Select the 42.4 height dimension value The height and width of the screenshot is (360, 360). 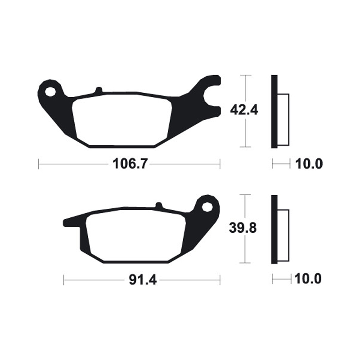pos(243,109)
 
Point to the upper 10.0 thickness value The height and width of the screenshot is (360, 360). pos(309,164)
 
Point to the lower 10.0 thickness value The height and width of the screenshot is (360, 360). pos(309,280)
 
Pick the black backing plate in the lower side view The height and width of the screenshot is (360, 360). pos(274,229)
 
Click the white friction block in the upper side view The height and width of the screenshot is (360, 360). pos(283,120)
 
